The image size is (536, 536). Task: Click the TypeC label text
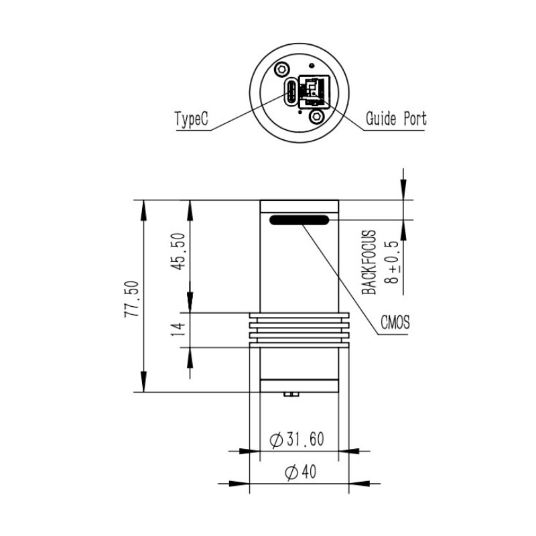(x=192, y=120)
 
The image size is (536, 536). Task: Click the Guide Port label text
(x=395, y=120)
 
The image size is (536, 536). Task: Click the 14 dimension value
(x=178, y=330)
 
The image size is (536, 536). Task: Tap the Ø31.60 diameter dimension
(x=297, y=440)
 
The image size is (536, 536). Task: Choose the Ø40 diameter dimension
(x=299, y=472)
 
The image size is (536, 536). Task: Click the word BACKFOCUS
(x=369, y=261)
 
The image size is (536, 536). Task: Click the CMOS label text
(x=395, y=324)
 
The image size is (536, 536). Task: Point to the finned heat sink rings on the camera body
(x=299, y=329)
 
